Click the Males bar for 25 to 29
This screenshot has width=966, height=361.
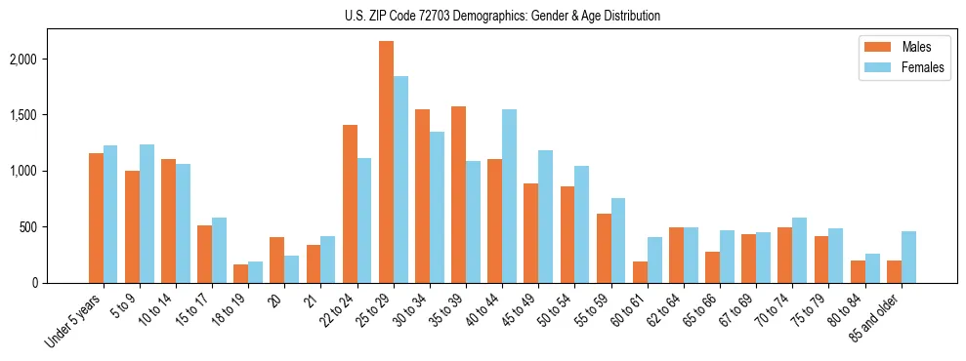386,162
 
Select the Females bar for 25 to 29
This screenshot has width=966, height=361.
400,180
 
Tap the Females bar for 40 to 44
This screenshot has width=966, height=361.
509,196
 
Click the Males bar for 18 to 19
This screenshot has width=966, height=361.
241,273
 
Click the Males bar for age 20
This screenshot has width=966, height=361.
277,260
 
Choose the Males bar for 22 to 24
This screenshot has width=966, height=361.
350,204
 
